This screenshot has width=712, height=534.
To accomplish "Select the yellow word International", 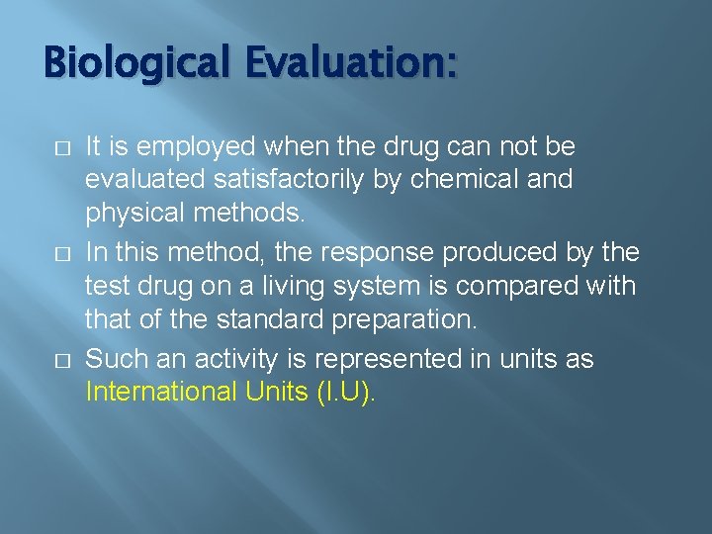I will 162,392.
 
